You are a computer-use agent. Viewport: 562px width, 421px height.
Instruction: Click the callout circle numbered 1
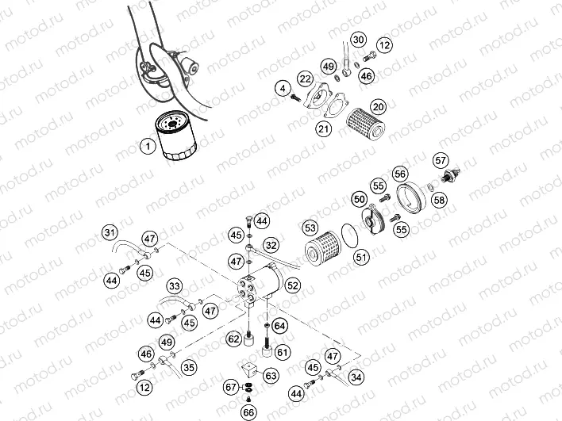148,146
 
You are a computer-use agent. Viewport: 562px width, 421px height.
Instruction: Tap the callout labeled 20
379,106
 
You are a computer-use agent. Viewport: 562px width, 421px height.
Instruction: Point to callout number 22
305,78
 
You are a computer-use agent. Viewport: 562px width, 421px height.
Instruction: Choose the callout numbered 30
359,40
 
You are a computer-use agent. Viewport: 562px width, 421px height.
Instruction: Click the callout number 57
441,159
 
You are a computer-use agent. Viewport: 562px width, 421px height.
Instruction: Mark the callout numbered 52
293,284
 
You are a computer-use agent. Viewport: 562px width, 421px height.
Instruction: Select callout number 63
271,374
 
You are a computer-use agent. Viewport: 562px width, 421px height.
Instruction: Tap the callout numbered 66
249,411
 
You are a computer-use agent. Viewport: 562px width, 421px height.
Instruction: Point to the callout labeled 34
356,377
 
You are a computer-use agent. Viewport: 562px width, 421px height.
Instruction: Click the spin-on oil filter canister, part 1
175,136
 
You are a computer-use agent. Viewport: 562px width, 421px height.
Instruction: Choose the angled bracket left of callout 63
250,369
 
